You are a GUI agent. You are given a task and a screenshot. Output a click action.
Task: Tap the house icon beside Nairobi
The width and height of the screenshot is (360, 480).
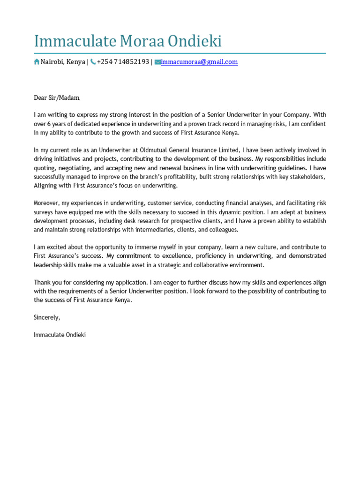[x=37, y=62]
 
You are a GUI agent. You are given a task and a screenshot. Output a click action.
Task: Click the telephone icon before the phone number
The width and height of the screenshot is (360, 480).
[x=93, y=62]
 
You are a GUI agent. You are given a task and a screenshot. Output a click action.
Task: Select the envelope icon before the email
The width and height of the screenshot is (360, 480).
[x=157, y=62]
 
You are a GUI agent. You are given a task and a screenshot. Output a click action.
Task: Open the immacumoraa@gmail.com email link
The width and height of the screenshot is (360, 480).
[x=199, y=62]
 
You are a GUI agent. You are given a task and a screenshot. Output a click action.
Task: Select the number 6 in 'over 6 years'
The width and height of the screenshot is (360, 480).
[x=48, y=124]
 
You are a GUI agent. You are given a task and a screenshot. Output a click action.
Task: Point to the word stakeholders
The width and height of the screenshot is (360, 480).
[x=304, y=177]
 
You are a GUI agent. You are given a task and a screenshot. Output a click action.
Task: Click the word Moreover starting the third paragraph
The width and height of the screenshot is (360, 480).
[x=47, y=203]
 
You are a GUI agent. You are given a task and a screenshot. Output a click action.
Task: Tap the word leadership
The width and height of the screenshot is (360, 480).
[x=47, y=265]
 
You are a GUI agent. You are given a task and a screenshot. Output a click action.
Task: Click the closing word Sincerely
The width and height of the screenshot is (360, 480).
[x=47, y=317]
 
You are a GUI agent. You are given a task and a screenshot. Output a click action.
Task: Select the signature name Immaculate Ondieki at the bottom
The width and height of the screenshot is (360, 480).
[x=60, y=335]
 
